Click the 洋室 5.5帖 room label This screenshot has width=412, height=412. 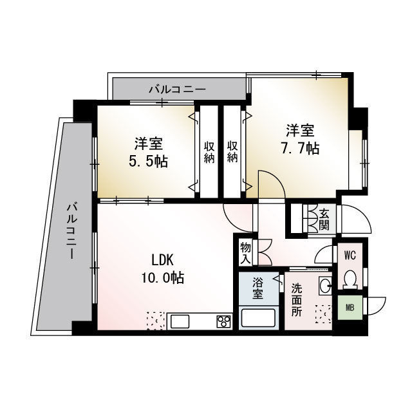point(149,152)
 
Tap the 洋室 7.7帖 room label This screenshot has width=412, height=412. point(301,139)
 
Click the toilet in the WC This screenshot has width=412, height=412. point(350,279)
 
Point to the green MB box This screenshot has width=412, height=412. point(350,308)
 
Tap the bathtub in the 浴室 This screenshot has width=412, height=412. point(258,318)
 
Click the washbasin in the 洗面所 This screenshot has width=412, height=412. point(325,286)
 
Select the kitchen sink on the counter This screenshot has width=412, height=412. point(180,321)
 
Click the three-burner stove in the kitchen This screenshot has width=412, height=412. point(223,321)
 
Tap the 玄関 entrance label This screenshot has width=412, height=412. point(324,220)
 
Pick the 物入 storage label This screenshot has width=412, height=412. point(246,254)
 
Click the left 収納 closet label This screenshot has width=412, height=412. point(209,152)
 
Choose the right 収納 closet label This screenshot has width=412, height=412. point(232,152)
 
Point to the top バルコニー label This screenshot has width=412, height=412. point(178,90)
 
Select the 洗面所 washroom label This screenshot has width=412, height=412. point(297,300)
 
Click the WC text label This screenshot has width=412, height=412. point(350,256)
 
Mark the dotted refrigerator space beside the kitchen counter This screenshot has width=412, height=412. point(156,321)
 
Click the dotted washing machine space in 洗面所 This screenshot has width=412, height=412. point(323,314)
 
